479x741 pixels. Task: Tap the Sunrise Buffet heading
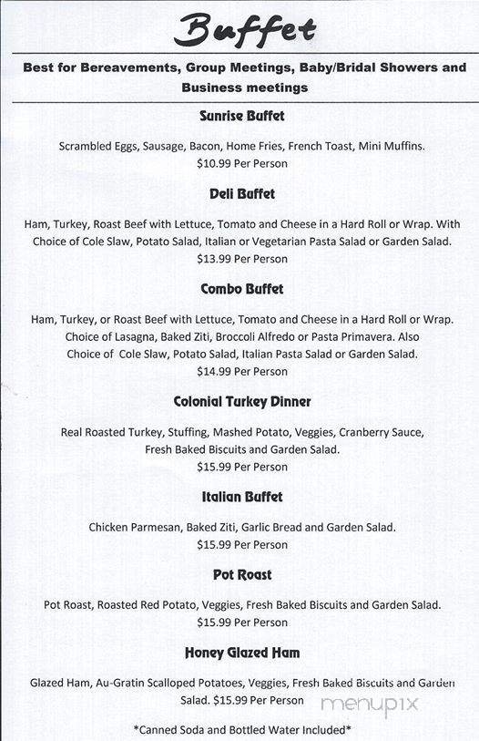(x=242, y=116)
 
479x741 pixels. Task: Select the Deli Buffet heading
(x=242, y=194)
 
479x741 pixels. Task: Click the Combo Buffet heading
(x=242, y=289)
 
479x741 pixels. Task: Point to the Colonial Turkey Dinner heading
(x=242, y=402)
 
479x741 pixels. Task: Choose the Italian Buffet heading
(x=242, y=497)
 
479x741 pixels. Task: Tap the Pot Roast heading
(x=242, y=575)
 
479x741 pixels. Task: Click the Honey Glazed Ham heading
(x=242, y=654)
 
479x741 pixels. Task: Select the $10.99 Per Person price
(x=242, y=164)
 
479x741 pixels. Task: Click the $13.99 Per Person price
(x=242, y=259)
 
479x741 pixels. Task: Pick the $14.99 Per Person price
(x=242, y=372)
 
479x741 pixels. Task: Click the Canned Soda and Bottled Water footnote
(x=242, y=730)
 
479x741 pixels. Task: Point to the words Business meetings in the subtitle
(x=244, y=88)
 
